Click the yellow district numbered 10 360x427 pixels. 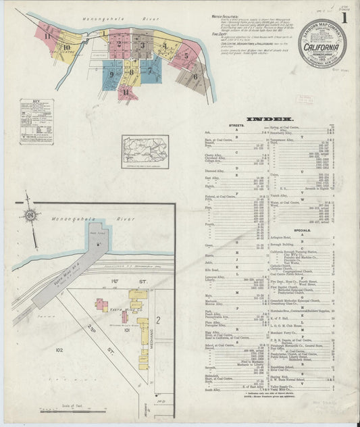click(x=66, y=48)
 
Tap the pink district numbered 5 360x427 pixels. click(x=185, y=57)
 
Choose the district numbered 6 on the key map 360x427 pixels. click(x=195, y=76)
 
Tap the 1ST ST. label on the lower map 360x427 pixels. click(x=116, y=280)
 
